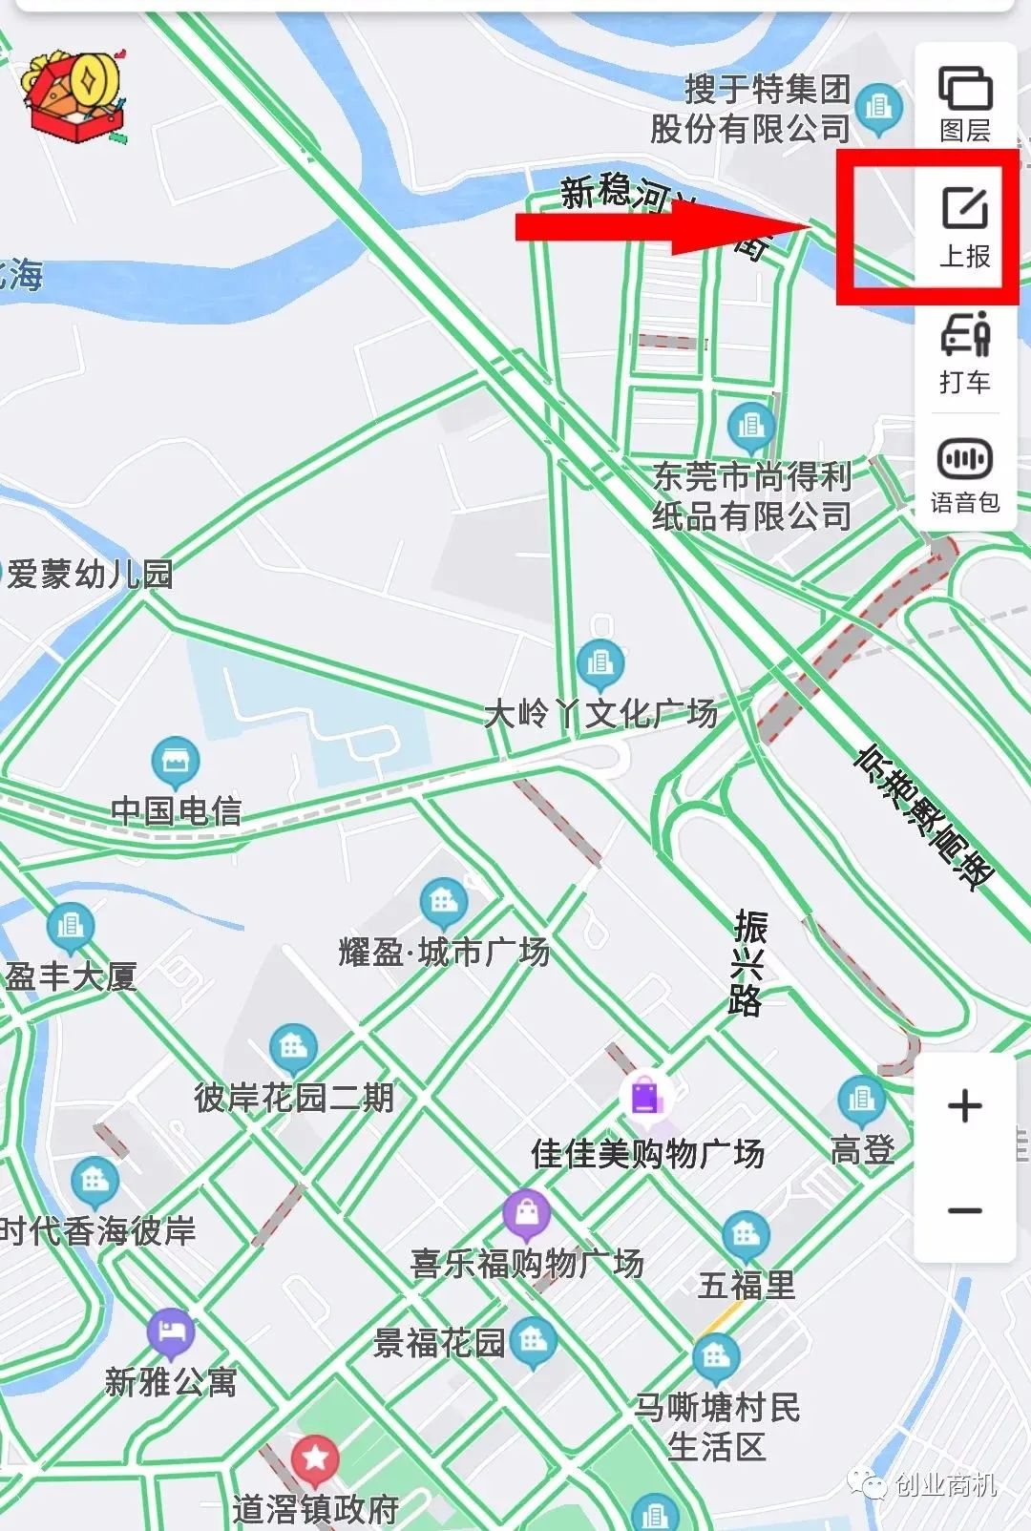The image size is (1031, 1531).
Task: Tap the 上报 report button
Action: (x=965, y=227)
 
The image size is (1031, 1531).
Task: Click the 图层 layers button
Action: (x=965, y=103)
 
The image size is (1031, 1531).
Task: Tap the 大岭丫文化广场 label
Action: (x=600, y=713)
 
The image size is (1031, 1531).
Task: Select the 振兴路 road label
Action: (x=748, y=962)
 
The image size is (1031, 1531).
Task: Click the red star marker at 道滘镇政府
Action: (x=315, y=1458)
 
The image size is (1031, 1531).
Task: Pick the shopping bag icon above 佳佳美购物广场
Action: (x=645, y=1095)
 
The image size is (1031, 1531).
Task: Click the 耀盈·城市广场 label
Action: (x=444, y=953)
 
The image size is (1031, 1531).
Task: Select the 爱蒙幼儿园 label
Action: (x=90, y=574)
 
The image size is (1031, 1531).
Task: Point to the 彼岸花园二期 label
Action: (x=294, y=1098)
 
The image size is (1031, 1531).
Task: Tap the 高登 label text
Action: (x=862, y=1150)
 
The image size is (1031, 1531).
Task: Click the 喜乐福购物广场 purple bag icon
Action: (x=526, y=1215)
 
